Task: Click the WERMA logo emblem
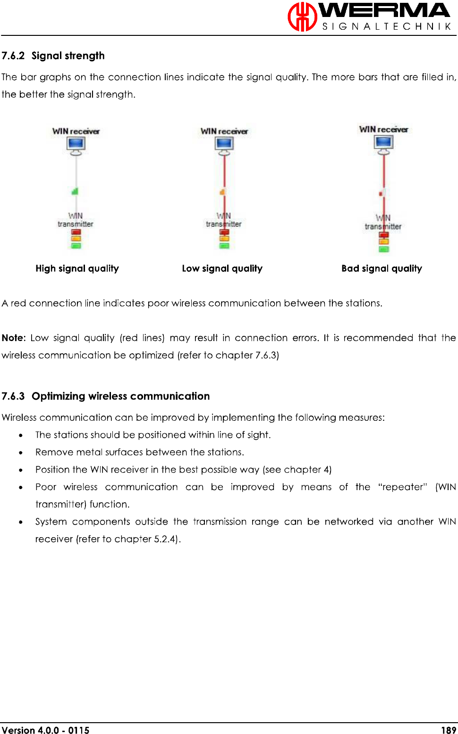pos(302,17)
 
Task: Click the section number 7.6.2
pos(13,56)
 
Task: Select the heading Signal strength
pos(68,56)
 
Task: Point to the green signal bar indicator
pos(75,191)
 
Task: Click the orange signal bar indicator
pos(222,192)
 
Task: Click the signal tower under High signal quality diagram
pos(76,238)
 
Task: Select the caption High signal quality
pos(77,268)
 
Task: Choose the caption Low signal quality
pos(222,268)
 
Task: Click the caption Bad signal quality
pos(382,268)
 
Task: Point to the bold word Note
pos(13,338)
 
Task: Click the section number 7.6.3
pos(13,396)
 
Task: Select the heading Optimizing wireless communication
pos(120,396)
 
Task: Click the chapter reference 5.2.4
pos(166,539)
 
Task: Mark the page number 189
pos(448,730)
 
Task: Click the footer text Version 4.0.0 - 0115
pos(45,730)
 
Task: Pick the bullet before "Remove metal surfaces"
pos(21,452)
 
